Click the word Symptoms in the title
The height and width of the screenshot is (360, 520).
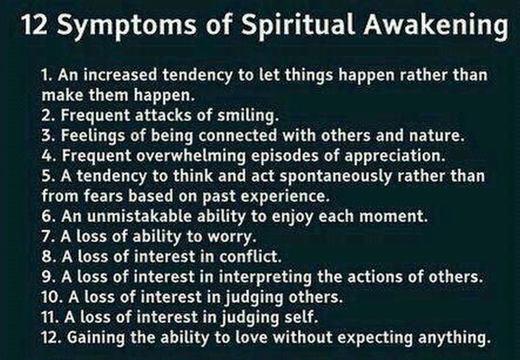pyautogui.click(x=126, y=25)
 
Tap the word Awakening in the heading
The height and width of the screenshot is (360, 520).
pyautogui.click(x=435, y=25)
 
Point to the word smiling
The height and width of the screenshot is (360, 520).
pyautogui.click(x=248, y=116)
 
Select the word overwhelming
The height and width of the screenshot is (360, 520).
pyautogui.click(x=190, y=156)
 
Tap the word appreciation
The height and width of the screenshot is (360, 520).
pyautogui.click(x=395, y=156)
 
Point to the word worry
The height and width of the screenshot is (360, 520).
pyautogui.click(x=232, y=237)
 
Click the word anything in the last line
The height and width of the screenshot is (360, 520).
pyautogui.click(x=454, y=338)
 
